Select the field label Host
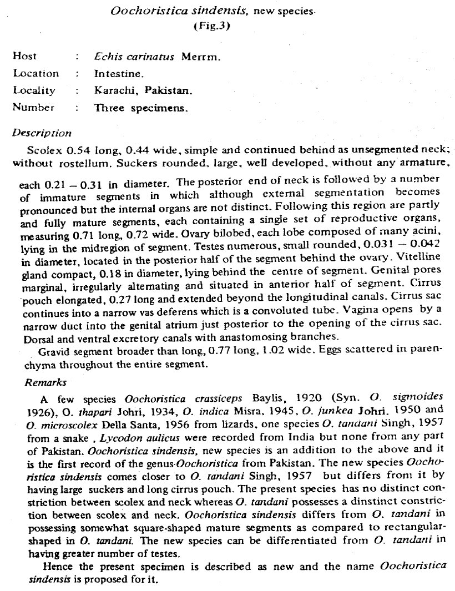[x=24, y=56]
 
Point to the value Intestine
[x=119, y=73]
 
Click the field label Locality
[x=34, y=90]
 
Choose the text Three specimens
[x=141, y=108]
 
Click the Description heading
[x=42, y=133]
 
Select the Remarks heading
[x=46, y=382]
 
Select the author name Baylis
[x=269, y=399]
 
